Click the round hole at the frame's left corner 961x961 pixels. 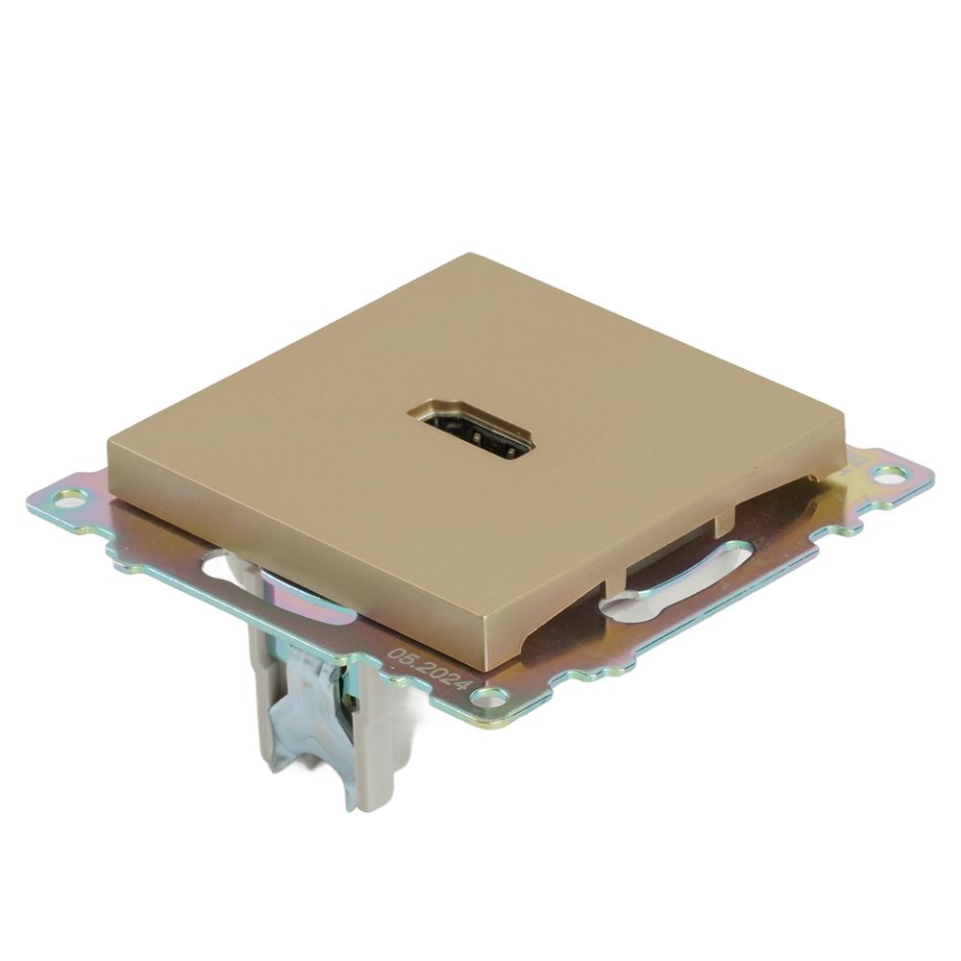pyautogui.click(x=70, y=498)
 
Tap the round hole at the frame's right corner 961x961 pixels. pyautogui.click(x=890, y=474)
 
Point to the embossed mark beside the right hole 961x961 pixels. pyautogui.click(x=851, y=471)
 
